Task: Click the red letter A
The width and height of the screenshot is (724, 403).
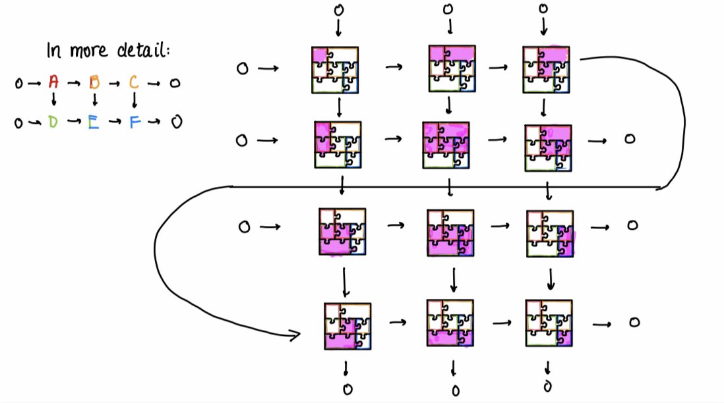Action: (x=53, y=82)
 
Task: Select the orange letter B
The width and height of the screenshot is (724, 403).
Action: (x=94, y=83)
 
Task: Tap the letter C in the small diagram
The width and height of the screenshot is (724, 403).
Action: (x=134, y=82)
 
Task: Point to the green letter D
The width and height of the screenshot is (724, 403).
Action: (x=53, y=122)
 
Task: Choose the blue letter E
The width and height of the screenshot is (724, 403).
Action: (x=94, y=122)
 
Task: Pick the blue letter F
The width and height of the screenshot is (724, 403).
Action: (x=135, y=122)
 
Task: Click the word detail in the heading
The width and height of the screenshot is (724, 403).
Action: (x=141, y=51)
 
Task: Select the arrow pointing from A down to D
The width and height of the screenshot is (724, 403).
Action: (x=54, y=101)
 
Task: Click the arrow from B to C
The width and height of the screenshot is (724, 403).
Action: (x=114, y=84)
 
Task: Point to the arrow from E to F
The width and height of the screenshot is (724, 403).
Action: (x=114, y=122)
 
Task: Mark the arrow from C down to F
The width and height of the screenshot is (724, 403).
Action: (x=135, y=101)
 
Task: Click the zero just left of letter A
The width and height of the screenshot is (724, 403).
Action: (x=18, y=84)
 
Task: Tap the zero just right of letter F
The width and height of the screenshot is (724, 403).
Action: (x=175, y=122)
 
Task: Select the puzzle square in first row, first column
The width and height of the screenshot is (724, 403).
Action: (x=335, y=69)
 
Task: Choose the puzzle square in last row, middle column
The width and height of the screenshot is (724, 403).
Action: (x=450, y=322)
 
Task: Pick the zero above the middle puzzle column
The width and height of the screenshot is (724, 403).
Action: (x=448, y=9)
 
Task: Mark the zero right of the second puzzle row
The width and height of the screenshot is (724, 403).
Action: (x=629, y=139)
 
